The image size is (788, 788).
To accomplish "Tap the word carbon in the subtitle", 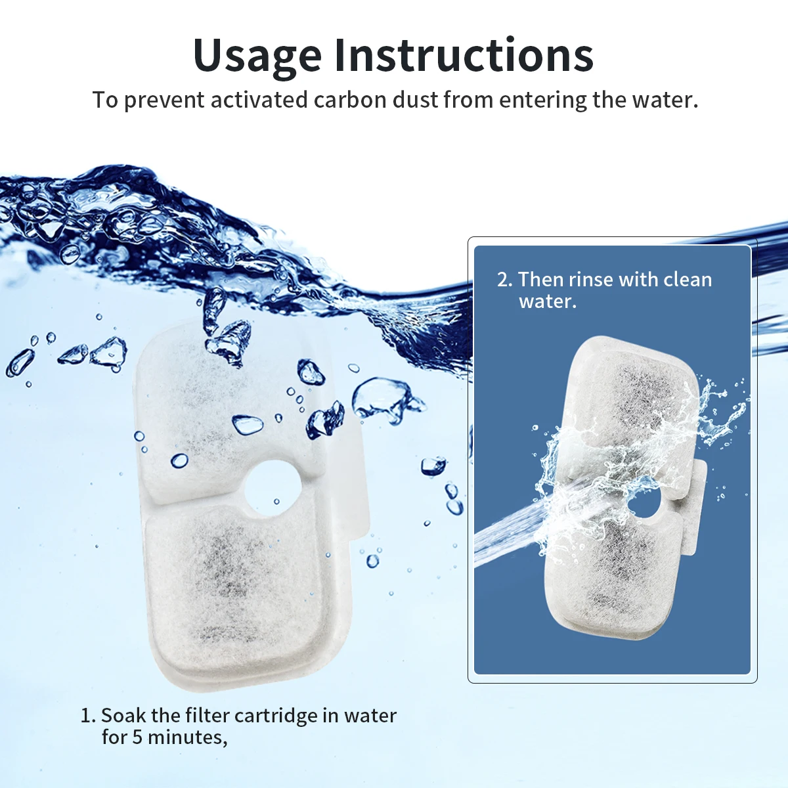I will (349, 100).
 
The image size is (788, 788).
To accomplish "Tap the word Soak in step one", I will (123, 715).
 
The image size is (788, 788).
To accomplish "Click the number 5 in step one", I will (137, 737).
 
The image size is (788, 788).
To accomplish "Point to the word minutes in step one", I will (186, 737).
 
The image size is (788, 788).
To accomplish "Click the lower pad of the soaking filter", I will (236, 591).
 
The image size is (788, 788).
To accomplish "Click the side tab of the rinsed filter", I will (695, 506).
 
